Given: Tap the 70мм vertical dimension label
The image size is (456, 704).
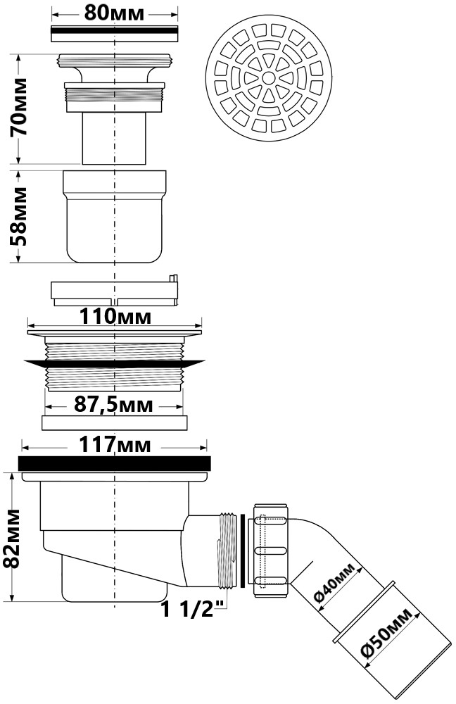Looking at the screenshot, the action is [x=19, y=107].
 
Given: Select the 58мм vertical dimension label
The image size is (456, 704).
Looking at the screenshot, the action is [x=19, y=216].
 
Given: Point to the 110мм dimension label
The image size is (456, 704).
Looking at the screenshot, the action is [x=115, y=317].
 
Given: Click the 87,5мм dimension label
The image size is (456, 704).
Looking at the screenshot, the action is [x=113, y=405].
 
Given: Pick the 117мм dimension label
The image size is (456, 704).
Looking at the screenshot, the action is [x=115, y=445].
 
